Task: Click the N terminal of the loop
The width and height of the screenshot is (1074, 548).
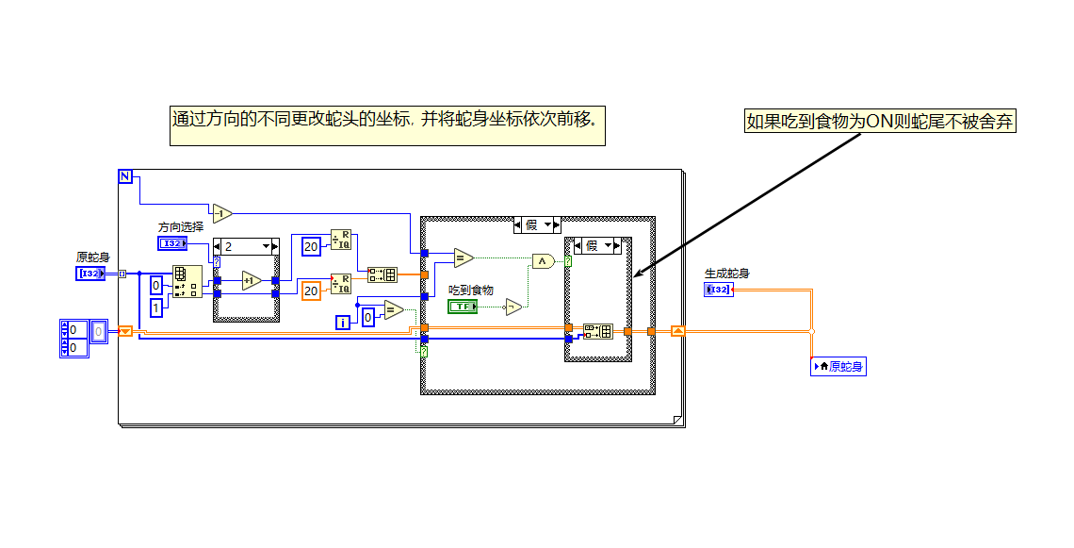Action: (125, 176)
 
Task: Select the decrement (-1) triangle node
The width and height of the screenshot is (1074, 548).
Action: (221, 213)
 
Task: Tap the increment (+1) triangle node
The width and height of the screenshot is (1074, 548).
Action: (251, 280)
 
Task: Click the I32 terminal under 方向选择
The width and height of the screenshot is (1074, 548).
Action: (172, 243)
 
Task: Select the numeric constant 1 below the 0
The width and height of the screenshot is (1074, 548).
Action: (156, 307)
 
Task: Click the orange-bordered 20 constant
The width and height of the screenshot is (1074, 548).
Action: (311, 291)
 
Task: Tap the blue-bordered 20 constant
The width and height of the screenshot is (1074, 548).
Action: (311, 246)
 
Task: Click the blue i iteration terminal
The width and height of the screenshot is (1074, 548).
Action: (344, 323)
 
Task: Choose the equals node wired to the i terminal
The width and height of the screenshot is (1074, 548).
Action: (393, 310)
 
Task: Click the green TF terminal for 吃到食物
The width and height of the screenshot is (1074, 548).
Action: (462, 307)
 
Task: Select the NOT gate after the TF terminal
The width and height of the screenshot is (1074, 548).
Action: (513, 307)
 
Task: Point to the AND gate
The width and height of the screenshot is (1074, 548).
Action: (543, 261)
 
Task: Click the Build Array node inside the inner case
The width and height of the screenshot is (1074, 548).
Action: (597, 331)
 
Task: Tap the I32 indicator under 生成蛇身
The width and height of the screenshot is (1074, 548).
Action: (718, 290)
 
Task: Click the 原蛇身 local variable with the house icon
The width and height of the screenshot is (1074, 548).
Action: (838, 367)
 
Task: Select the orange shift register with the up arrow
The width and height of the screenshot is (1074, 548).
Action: (678, 331)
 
